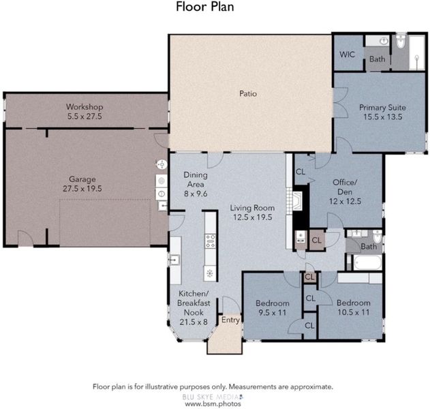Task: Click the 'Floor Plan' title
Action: click(205, 7)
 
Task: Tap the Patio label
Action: click(248, 93)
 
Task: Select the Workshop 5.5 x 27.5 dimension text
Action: click(85, 117)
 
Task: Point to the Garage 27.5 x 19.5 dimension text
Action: click(82, 189)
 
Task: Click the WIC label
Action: click(347, 55)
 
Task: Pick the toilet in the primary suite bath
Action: click(401, 41)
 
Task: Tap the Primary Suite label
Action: click(382, 107)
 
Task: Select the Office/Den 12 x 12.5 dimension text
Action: click(345, 201)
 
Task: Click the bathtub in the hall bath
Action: click(367, 263)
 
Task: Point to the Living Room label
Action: click(252, 208)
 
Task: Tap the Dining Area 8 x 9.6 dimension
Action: click(196, 194)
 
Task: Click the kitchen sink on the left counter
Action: click(174, 260)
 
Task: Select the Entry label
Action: click(230, 320)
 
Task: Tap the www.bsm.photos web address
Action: click(213, 404)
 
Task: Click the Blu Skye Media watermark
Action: click(213, 397)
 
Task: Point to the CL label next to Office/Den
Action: click(301, 172)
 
